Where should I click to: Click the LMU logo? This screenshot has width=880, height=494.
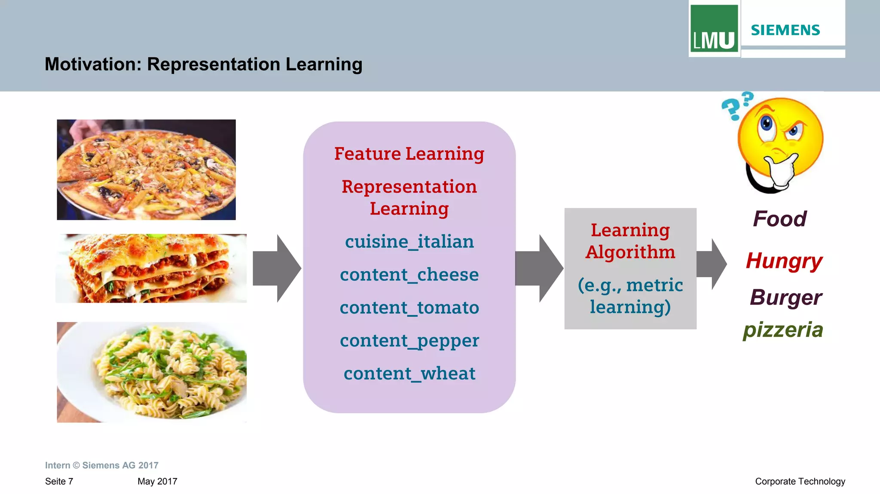click(x=714, y=29)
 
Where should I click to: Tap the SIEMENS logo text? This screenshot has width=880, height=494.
click(x=785, y=30)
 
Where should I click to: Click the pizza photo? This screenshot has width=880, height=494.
click(x=146, y=170)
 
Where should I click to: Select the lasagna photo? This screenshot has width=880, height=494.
click(x=151, y=268)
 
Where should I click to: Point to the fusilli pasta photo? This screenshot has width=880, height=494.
click(x=152, y=372)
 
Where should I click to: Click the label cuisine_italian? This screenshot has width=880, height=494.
click(x=409, y=242)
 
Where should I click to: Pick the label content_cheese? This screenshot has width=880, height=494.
click(x=409, y=275)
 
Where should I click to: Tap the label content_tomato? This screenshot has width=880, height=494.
click(x=409, y=308)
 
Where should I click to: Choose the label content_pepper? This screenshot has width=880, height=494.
click(x=409, y=341)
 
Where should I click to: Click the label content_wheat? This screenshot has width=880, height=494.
click(x=409, y=373)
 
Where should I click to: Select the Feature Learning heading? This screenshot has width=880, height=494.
click(x=409, y=154)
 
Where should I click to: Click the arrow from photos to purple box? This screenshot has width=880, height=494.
click(x=277, y=268)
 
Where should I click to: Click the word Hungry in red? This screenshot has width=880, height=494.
click(x=784, y=261)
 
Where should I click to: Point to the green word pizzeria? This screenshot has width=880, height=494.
click(x=783, y=330)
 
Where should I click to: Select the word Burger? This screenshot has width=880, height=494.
click(x=785, y=297)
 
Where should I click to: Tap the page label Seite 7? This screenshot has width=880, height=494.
click(x=59, y=482)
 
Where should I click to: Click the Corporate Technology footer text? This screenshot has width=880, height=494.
click(x=800, y=482)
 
